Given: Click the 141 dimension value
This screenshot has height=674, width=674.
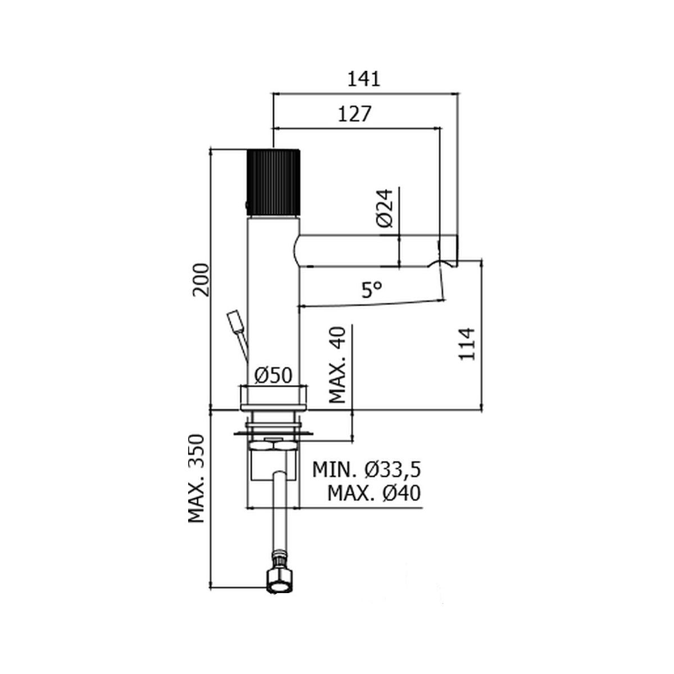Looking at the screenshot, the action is (x=363, y=79).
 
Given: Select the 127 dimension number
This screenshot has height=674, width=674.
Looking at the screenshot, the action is (x=354, y=114).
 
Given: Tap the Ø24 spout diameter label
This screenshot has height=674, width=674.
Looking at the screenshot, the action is (x=385, y=208).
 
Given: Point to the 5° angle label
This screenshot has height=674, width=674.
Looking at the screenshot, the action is (x=372, y=290).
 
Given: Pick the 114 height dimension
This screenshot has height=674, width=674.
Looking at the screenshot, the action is (x=467, y=344).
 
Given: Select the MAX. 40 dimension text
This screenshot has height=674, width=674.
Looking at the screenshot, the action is (x=338, y=365).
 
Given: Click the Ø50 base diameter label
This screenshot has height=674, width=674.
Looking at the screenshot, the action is (x=273, y=376).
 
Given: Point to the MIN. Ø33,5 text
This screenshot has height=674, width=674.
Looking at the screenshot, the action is (x=366, y=470).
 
